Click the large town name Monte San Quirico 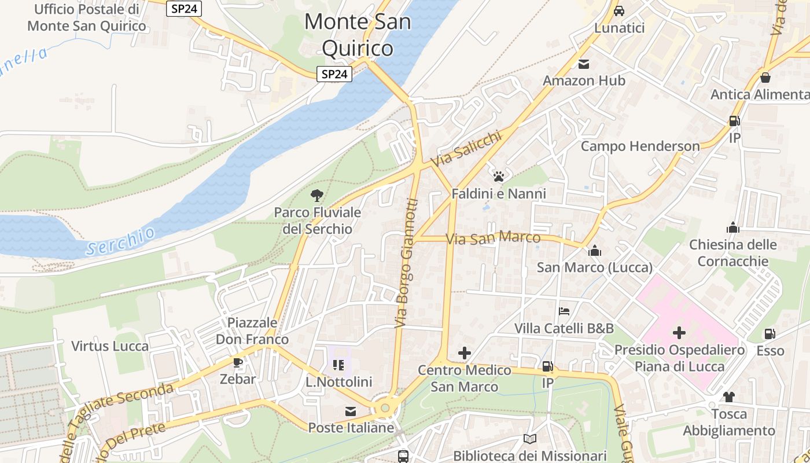pyautogui.click(x=358, y=35)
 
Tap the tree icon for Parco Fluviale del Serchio pyautogui.click(x=316, y=195)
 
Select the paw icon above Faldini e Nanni pyautogui.click(x=499, y=176)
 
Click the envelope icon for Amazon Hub pyautogui.click(x=583, y=64)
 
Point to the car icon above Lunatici pyautogui.click(x=619, y=10)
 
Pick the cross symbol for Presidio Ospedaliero pyautogui.click(x=679, y=333)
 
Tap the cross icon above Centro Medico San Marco pyautogui.click(x=464, y=353)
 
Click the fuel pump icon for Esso pyautogui.click(x=770, y=334)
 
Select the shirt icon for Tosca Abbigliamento pyautogui.click(x=728, y=397)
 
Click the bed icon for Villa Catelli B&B pyautogui.click(x=564, y=311)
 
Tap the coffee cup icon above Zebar pyautogui.click(x=237, y=362)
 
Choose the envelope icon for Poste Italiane pyautogui.click(x=351, y=411)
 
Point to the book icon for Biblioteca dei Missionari pyautogui.click(x=529, y=439)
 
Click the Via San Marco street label pyautogui.click(x=494, y=238)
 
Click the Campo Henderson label pyautogui.click(x=640, y=146)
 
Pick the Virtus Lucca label pyautogui.click(x=110, y=346)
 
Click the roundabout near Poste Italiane pyautogui.click(x=385, y=409)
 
